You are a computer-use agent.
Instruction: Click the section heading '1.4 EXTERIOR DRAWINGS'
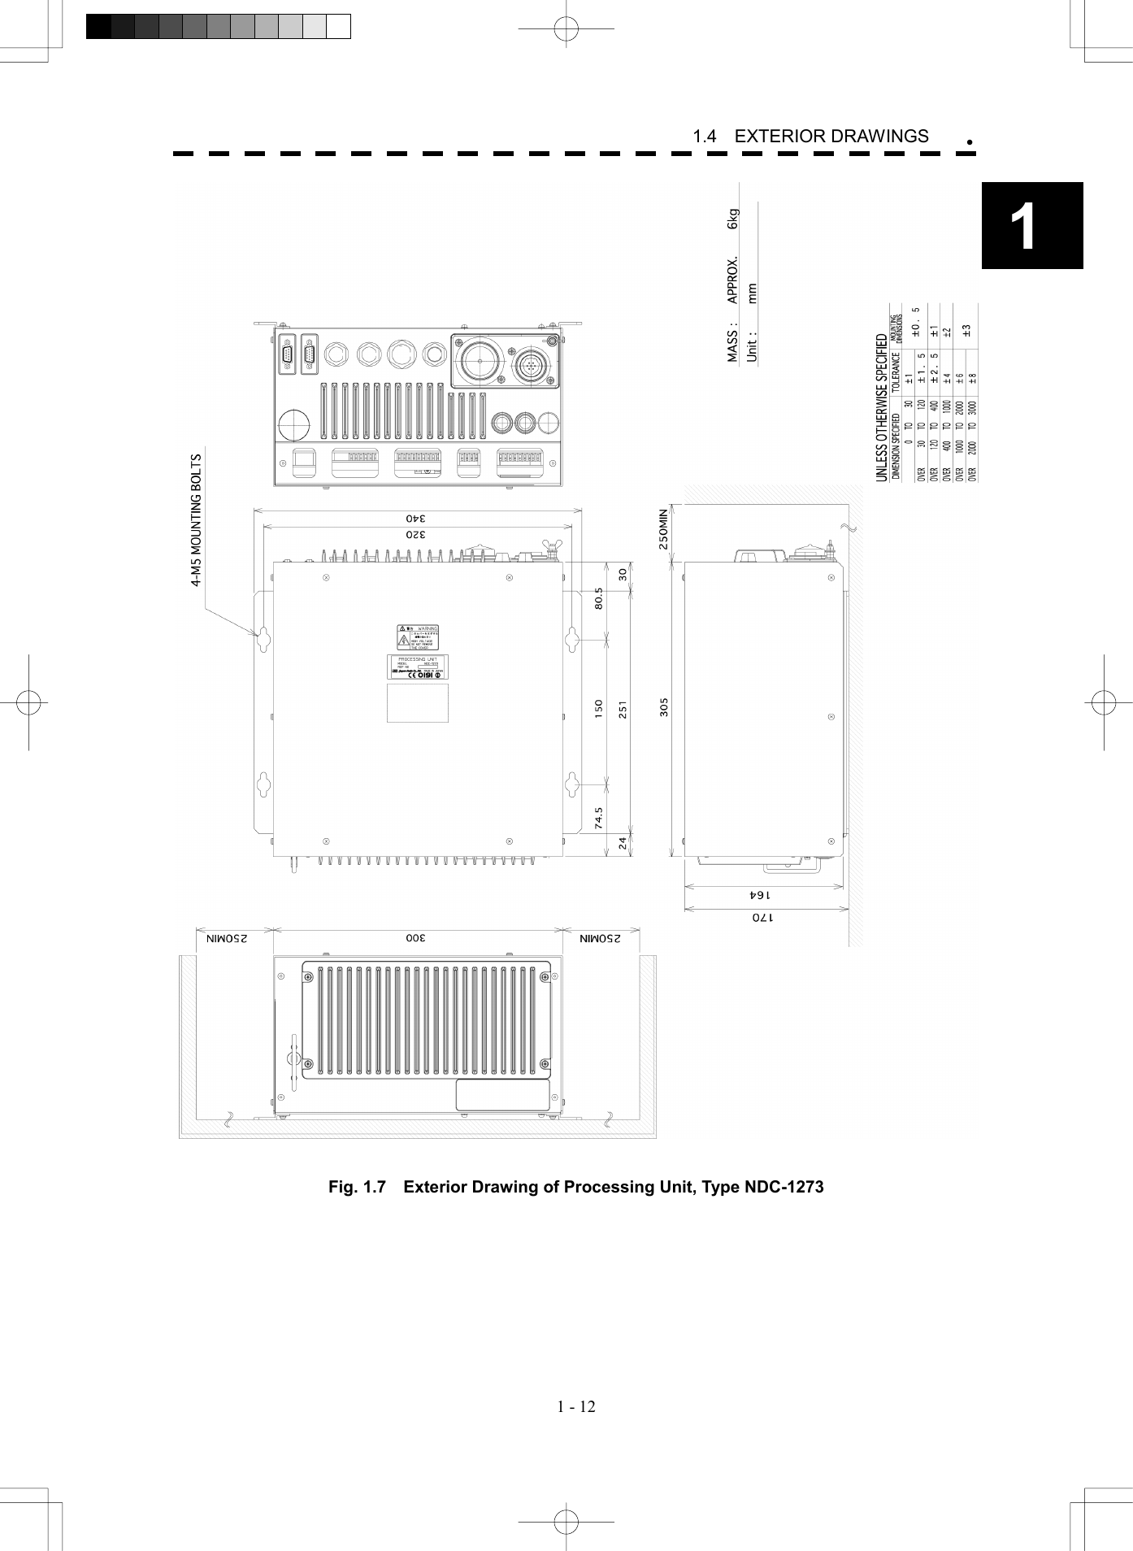810,137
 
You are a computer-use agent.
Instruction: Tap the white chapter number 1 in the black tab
1023,227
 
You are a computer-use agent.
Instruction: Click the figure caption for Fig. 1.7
575,1187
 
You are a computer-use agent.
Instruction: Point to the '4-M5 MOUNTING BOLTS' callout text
195,520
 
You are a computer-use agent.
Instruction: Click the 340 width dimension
416,518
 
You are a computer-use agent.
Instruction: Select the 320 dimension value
416,535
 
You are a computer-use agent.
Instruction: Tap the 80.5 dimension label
599,602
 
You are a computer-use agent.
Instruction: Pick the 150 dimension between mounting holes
599,708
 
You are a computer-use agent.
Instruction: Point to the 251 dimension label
623,709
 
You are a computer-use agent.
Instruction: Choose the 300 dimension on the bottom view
416,938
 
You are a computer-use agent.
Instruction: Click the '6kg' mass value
733,219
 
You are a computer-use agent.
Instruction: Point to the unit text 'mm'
753,293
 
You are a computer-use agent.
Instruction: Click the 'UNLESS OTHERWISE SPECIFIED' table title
882,407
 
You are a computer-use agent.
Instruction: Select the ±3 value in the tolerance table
966,331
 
